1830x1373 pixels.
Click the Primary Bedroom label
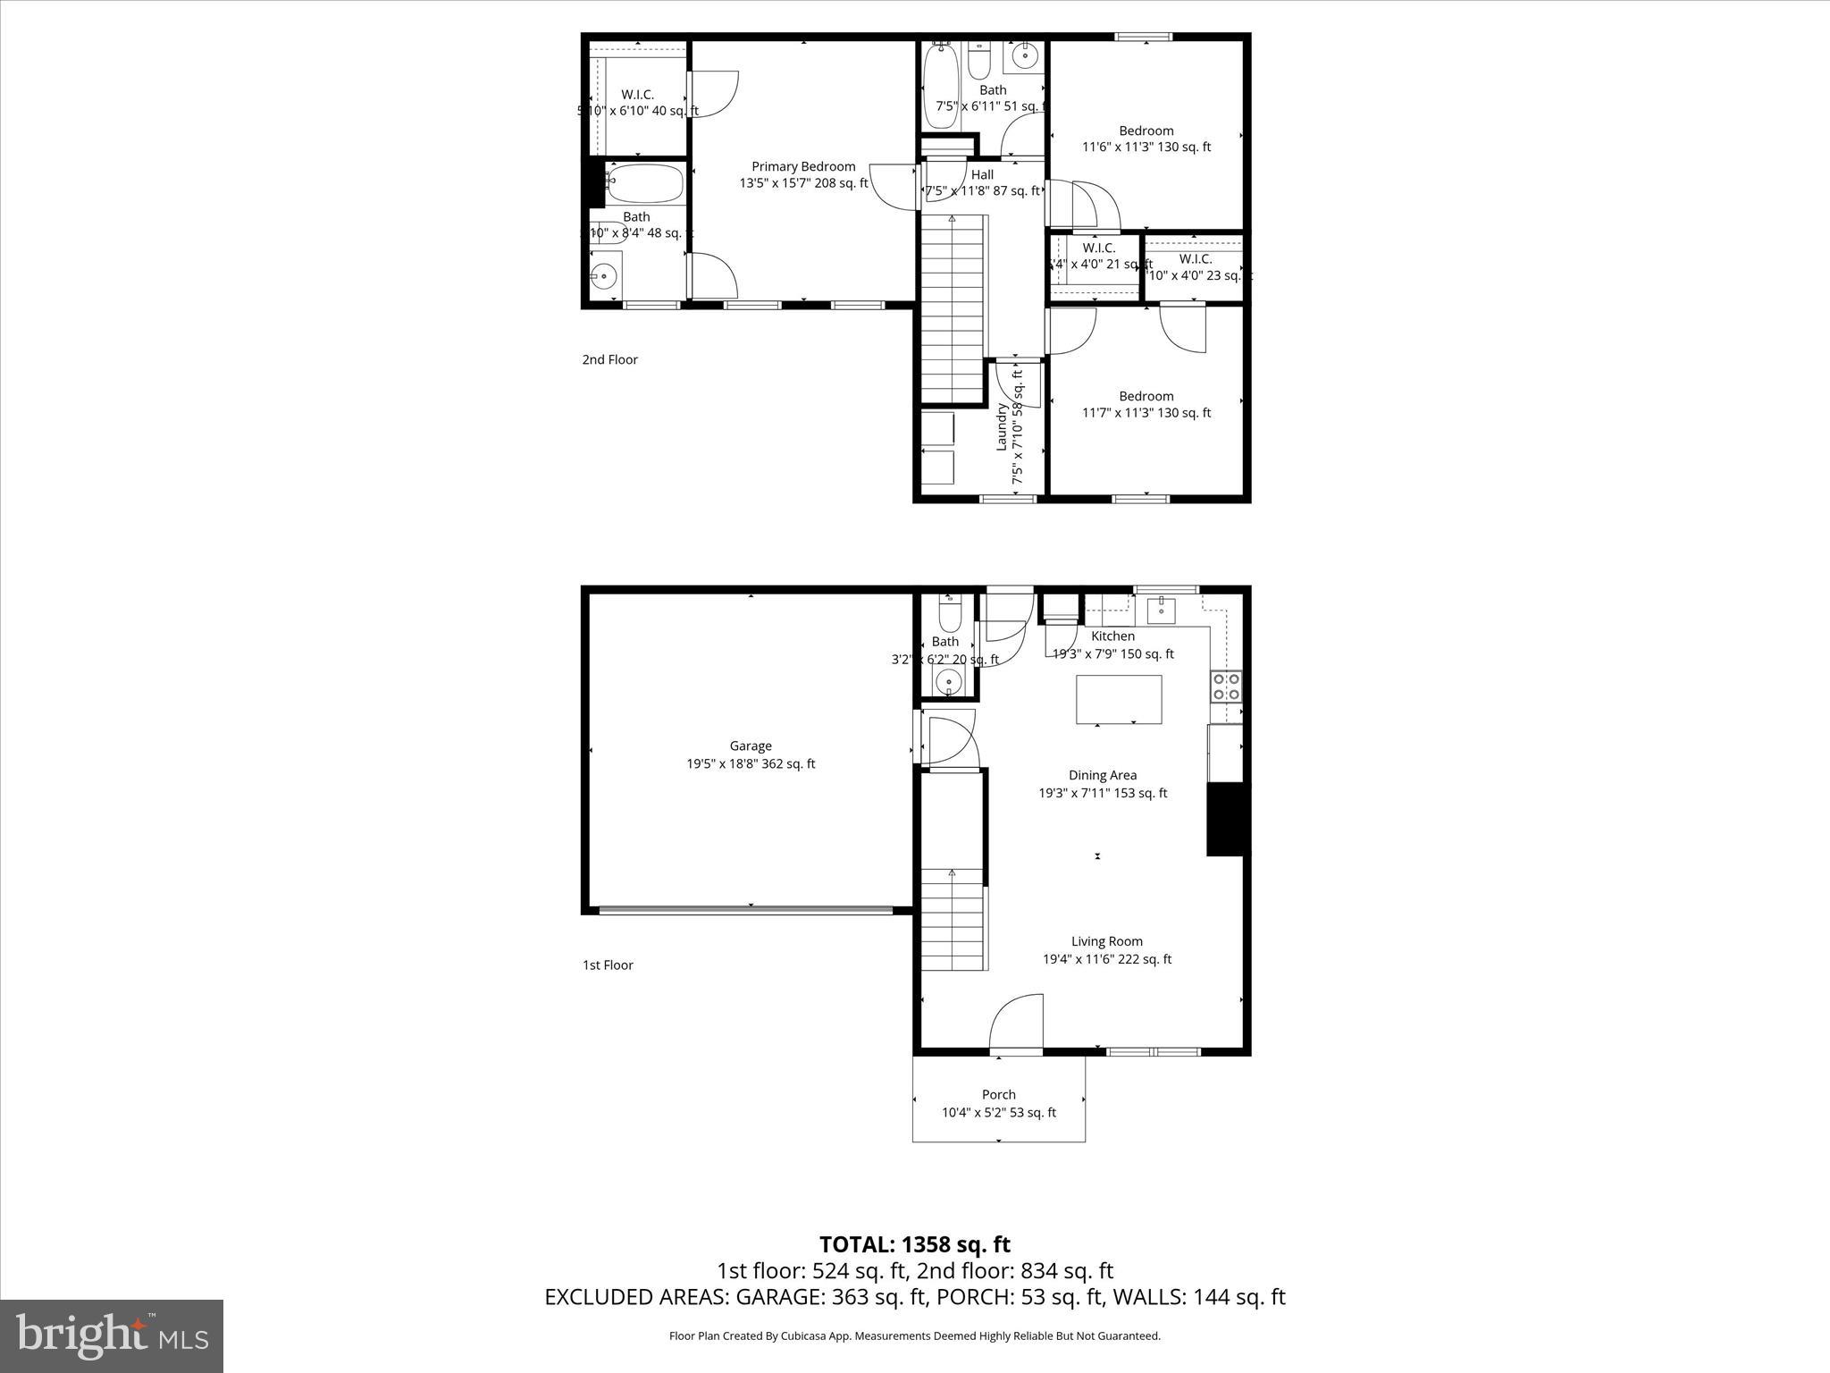pos(803,167)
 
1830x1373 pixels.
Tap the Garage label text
pos(750,745)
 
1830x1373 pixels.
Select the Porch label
pos(998,1094)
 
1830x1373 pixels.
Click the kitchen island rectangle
pos(1119,699)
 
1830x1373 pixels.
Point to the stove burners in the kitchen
pos(1225,686)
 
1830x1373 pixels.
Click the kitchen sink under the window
pos(1162,611)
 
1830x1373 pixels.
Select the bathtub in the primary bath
pos(644,184)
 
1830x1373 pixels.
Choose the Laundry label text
pos(1003,427)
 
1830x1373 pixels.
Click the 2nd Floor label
pos(609,359)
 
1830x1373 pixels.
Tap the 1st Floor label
pos(608,964)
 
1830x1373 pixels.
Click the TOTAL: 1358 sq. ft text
pos(914,1244)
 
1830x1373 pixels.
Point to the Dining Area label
pos(1102,775)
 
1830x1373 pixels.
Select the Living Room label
pos(1106,940)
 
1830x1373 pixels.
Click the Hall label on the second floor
pos(982,174)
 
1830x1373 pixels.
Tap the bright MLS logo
pos(112,1335)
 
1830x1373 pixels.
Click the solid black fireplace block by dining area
pos(1224,819)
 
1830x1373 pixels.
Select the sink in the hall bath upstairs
pos(1024,57)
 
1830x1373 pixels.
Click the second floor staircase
pos(953,308)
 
